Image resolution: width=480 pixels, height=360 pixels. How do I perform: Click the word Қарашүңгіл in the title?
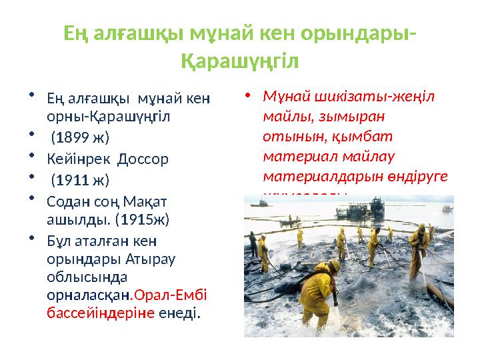pos(240,61)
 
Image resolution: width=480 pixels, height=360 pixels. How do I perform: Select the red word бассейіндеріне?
pos(101,312)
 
